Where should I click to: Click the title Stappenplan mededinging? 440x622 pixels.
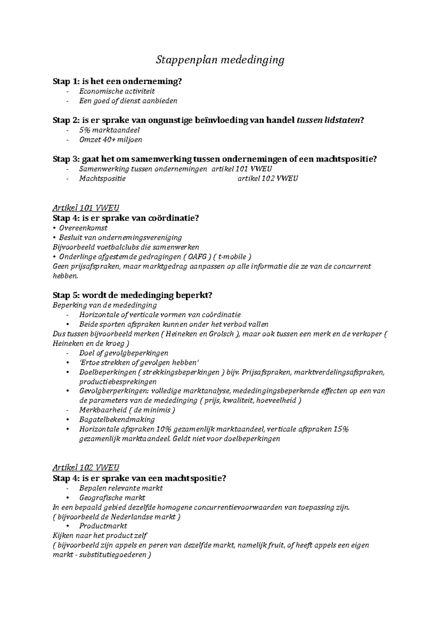(x=220, y=60)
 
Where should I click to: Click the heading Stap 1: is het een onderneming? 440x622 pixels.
(x=117, y=81)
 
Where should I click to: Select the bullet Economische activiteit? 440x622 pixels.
(x=117, y=91)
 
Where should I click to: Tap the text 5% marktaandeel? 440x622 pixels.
(x=109, y=130)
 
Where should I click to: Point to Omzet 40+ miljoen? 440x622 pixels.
(x=110, y=140)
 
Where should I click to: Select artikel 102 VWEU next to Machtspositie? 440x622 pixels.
(x=268, y=178)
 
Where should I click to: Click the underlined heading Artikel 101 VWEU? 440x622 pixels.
(x=86, y=208)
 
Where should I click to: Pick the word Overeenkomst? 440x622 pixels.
(x=83, y=228)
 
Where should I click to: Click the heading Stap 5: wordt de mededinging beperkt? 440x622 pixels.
(x=132, y=295)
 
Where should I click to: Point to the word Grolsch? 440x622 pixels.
(x=221, y=334)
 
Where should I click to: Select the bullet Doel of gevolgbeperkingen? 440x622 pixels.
(x=124, y=353)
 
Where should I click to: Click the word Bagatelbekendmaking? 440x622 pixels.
(x=117, y=419)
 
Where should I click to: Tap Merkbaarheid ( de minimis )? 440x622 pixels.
(x=127, y=410)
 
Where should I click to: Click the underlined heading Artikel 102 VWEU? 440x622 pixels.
(x=86, y=468)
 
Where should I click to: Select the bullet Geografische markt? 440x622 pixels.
(x=112, y=498)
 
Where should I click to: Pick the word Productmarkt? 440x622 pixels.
(x=103, y=526)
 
